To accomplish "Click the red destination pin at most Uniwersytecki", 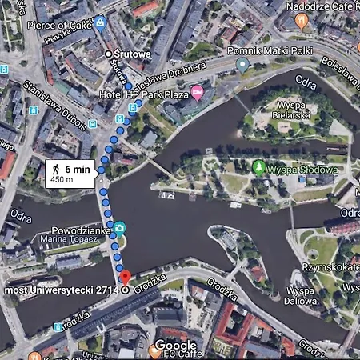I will coord(124,278).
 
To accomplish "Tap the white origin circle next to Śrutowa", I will coord(109,54).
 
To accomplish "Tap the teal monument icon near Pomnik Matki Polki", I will coord(242,65).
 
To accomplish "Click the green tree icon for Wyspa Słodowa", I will coord(258,167).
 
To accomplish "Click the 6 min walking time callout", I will coord(71,172).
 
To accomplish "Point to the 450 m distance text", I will coord(62,179).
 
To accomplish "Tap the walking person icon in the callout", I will coord(55,170).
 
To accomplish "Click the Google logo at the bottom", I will coord(175,345).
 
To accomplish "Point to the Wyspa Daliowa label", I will coord(301,296).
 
